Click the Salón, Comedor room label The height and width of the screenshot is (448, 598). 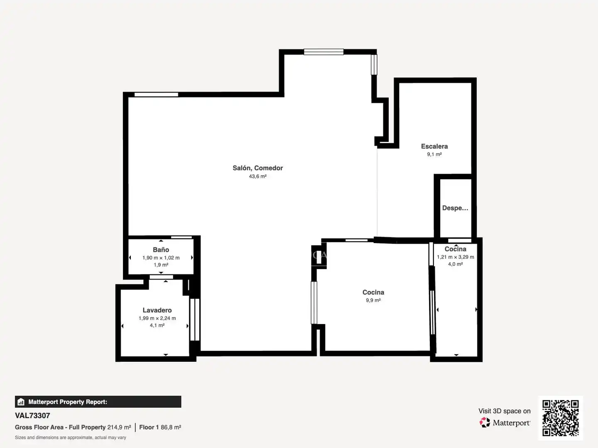point(257,168)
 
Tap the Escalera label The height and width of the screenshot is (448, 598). point(434,146)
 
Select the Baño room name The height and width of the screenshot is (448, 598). point(161,250)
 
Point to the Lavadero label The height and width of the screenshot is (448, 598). point(157,310)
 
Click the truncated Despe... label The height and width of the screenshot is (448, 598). point(455,208)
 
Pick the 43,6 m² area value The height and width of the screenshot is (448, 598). point(257,176)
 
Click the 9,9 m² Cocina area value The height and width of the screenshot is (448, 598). point(373,300)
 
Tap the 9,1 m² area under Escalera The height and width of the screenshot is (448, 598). point(434,154)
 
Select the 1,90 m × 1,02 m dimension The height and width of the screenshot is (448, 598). point(161,258)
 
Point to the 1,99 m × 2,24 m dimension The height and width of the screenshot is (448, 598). point(157,318)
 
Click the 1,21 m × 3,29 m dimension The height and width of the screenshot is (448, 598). point(456,257)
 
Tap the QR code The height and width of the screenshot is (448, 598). point(560,418)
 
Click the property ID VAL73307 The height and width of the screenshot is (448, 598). point(32,416)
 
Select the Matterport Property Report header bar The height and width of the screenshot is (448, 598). point(98,402)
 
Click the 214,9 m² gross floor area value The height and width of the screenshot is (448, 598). point(119,427)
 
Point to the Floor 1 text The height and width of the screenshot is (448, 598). point(149,427)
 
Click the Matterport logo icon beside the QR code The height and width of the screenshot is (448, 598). point(484,422)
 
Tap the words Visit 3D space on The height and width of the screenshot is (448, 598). point(505,411)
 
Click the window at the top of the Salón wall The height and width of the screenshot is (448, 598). point(324,52)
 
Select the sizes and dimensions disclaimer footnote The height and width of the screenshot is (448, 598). point(70,438)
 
